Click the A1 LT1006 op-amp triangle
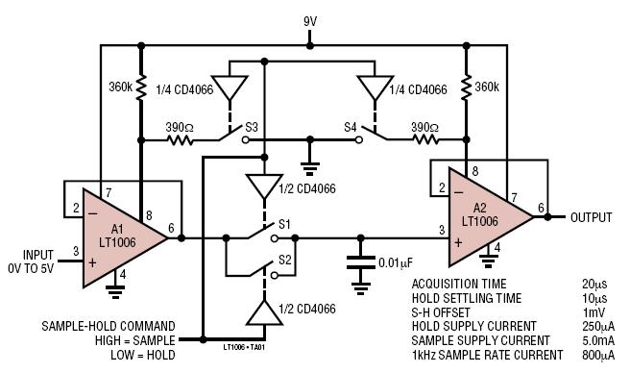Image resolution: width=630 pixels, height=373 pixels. (x=121, y=237)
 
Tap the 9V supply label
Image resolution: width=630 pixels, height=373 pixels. (x=310, y=22)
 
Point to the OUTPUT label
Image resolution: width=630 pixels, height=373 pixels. (x=591, y=217)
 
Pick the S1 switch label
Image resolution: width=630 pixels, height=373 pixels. (x=284, y=224)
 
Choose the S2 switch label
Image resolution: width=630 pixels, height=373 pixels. (x=285, y=260)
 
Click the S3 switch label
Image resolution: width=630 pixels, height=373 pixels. (x=252, y=128)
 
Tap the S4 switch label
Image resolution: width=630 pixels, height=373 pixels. (x=350, y=128)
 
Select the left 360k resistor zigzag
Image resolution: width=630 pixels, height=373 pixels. (x=140, y=87)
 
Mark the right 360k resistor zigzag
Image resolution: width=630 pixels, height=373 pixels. (x=466, y=87)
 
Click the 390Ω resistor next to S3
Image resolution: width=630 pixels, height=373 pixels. (x=180, y=140)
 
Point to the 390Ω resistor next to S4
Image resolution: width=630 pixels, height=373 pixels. (x=425, y=140)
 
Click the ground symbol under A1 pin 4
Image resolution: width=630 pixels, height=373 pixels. (x=115, y=291)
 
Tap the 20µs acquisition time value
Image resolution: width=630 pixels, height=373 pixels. (x=594, y=284)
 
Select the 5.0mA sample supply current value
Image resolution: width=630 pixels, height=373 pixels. (x=598, y=341)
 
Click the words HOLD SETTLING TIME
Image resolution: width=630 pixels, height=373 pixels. (x=467, y=299)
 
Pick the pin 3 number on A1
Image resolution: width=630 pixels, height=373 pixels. (x=76, y=252)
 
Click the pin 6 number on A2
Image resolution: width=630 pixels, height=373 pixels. (x=541, y=208)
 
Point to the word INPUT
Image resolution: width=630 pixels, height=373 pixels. (x=38, y=255)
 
